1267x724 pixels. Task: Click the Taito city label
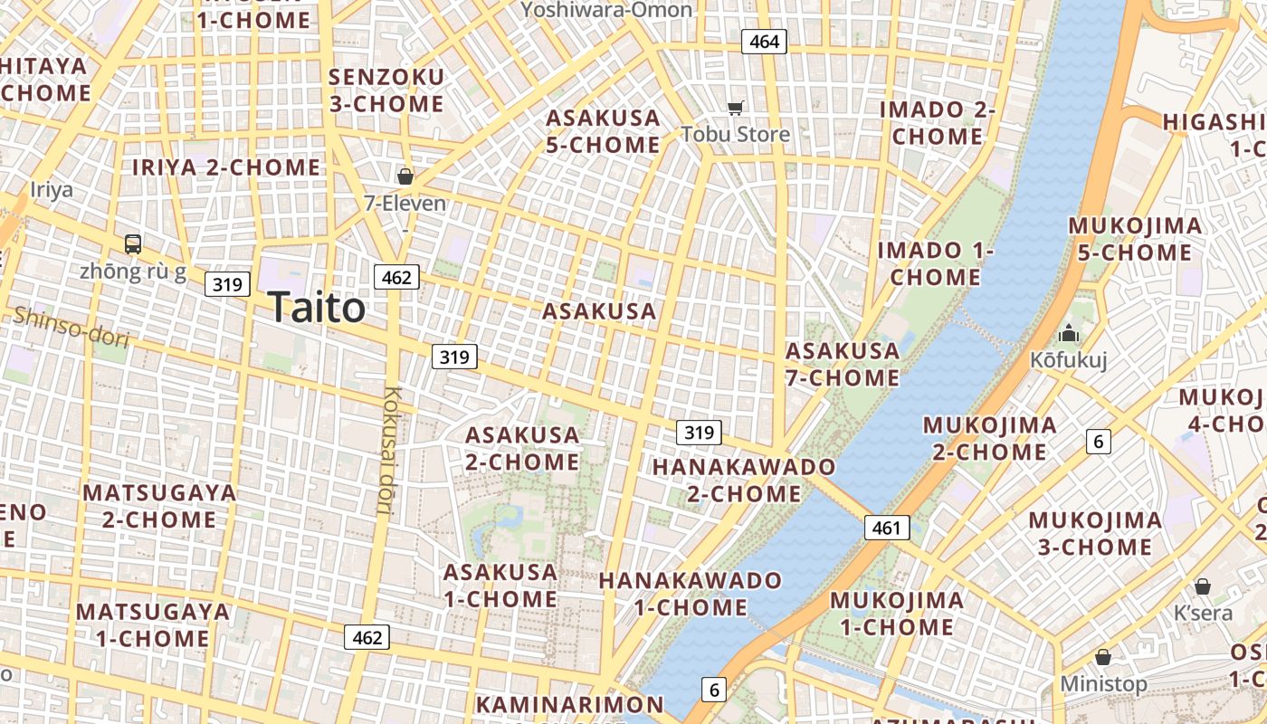coord(316,308)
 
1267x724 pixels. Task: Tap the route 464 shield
coord(764,41)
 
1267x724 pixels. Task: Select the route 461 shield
coord(886,528)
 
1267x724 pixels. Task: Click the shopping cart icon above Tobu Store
coord(736,108)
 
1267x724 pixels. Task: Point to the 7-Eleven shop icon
coord(405,176)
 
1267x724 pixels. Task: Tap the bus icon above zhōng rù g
coord(132,243)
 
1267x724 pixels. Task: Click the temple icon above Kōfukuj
coord(1069,333)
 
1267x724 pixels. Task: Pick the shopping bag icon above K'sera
coord(1202,586)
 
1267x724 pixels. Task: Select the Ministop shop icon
coord(1102,656)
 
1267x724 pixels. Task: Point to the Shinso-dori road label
coord(71,327)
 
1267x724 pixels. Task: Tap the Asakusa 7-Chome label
coord(843,364)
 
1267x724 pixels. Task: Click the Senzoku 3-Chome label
coord(386,90)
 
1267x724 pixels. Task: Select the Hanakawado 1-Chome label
coord(691,593)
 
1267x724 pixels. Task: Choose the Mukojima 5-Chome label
coord(1135,239)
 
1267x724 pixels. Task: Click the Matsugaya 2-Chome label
coord(159,506)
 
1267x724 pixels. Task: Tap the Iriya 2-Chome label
coord(226,167)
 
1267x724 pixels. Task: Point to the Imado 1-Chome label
coord(936,263)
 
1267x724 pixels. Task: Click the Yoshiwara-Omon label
coord(606,10)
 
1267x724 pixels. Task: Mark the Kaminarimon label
coord(569,704)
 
